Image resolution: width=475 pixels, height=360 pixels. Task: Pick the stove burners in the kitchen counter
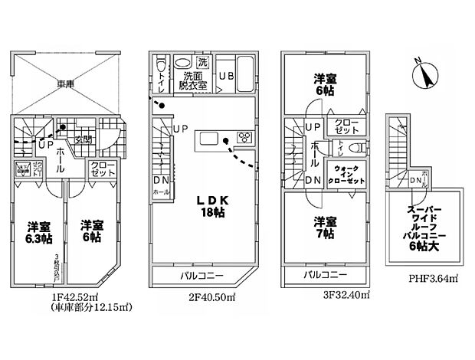[245, 139]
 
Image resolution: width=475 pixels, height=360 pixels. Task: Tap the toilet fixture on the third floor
[352, 148]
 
